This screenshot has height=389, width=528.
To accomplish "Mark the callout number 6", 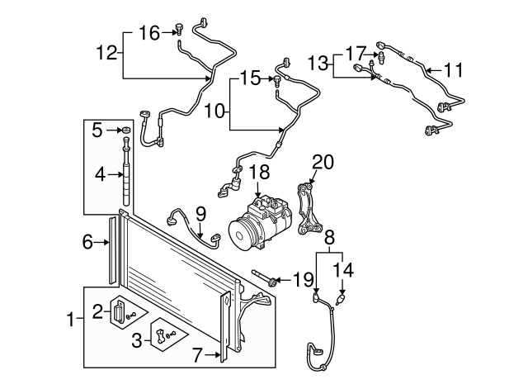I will pos(89,242).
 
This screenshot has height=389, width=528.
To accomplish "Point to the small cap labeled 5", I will pos(125,130).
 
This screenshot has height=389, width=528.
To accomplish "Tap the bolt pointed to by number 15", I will pos(278,80).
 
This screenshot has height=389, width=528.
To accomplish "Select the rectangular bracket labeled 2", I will pos(120,311).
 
